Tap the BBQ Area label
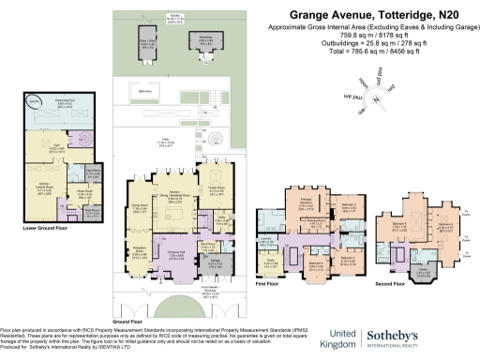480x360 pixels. (144, 90)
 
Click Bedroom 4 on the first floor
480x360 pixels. (315, 263)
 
